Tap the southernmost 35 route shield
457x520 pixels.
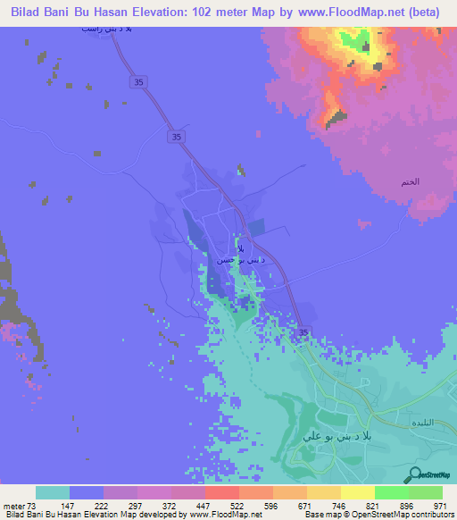(303, 333)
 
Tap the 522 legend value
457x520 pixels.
(237, 505)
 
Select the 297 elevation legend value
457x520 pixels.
(137, 505)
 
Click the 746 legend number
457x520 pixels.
(340, 505)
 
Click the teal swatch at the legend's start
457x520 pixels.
(53, 492)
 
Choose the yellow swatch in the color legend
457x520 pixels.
(357, 492)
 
